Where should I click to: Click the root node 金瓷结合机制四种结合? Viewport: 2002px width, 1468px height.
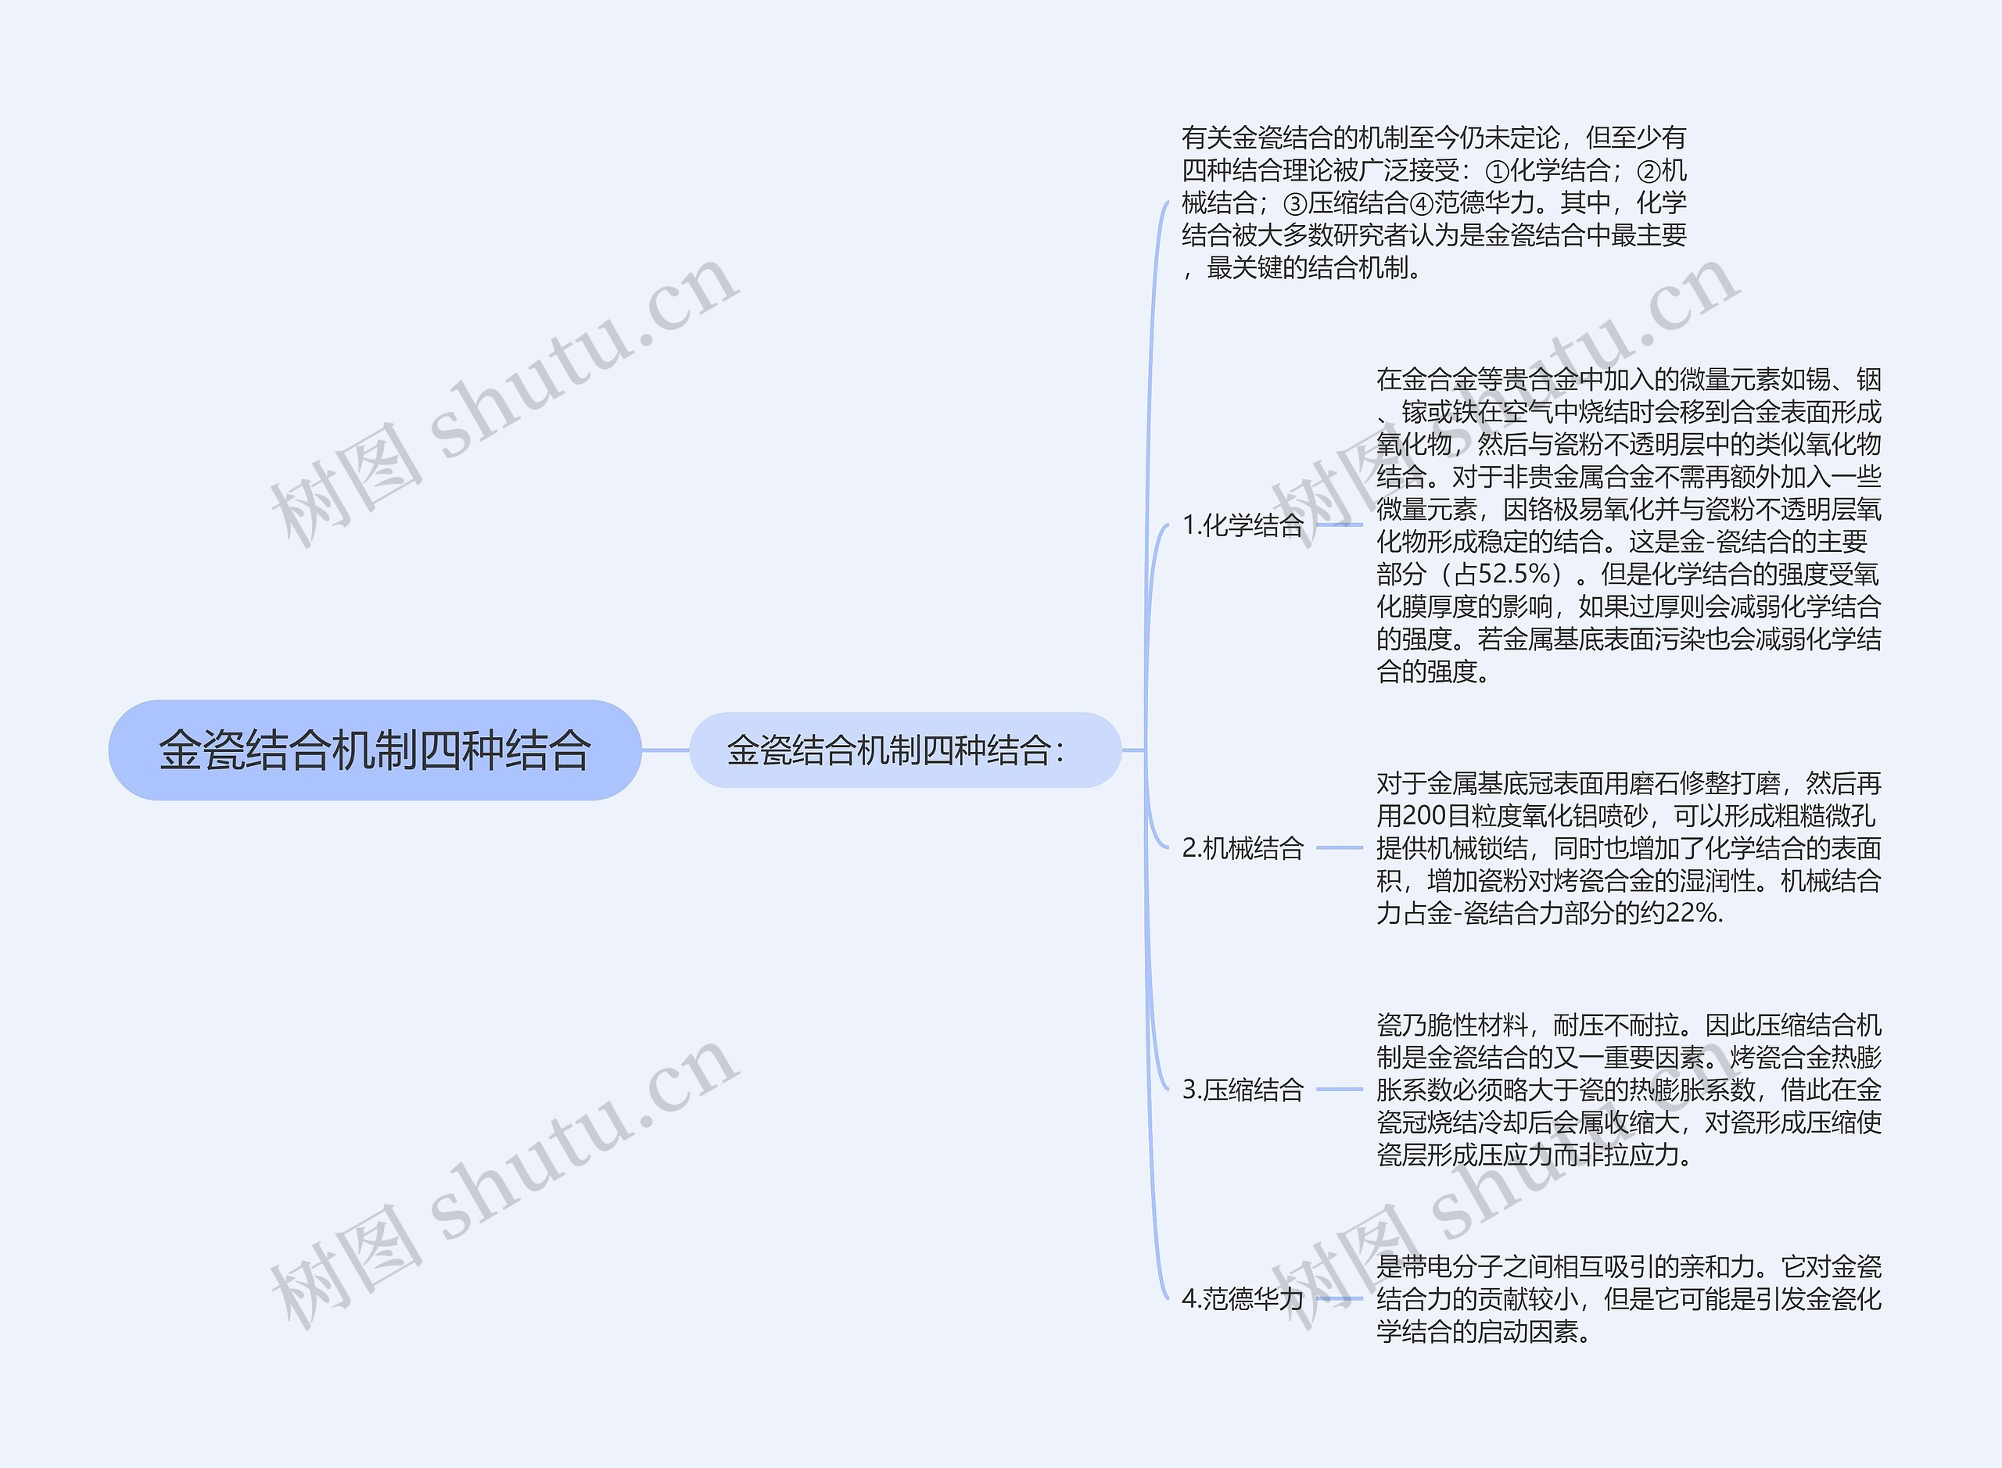pyautogui.click(x=375, y=750)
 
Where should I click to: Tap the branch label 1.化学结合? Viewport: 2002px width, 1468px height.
pyautogui.click(x=1242, y=525)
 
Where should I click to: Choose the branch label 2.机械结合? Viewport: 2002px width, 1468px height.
pyautogui.click(x=1242, y=848)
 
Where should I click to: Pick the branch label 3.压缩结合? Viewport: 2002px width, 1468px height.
pyautogui.click(x=1242, y=1090)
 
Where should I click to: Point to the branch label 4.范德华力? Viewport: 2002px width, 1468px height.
pyautogui.click(x=1242, y=1299)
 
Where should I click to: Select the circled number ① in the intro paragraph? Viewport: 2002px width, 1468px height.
pyautogui.click(x=1498, y=170)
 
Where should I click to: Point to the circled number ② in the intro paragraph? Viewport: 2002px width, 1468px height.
pyautogui.click(x=1649, y=170)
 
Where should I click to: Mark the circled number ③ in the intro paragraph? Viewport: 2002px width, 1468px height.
pyautogui.click(x=1295, y=203)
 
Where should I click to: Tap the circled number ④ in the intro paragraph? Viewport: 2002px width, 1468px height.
pyautogui.click(x=1422, y=203)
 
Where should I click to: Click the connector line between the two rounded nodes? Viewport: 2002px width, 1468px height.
pyautogui.click(x=665, y=750)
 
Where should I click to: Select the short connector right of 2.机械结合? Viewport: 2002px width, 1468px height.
pyautogui.click(x=1339, y=848)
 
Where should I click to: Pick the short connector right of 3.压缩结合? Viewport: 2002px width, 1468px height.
pyautogui.click(x=1339, y=1090)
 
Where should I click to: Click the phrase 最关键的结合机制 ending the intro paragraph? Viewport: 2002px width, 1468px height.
pyautogui.click(x=1307, y=267)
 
